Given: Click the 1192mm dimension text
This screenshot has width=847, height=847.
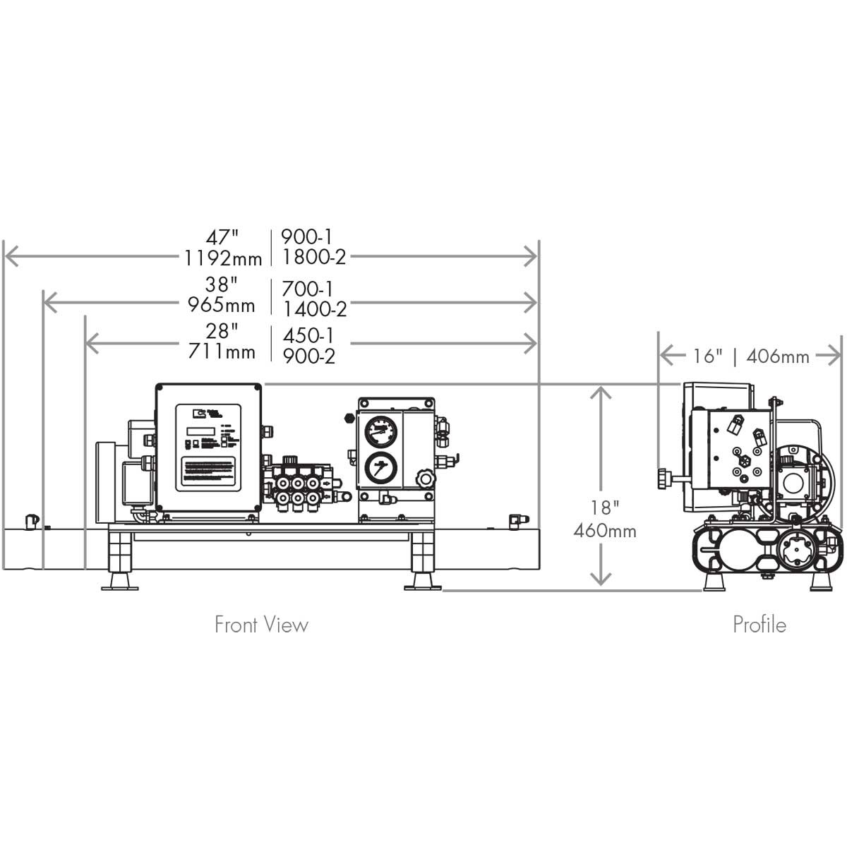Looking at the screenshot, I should (223, 258).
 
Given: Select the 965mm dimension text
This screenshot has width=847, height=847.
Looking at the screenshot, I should (221, 305).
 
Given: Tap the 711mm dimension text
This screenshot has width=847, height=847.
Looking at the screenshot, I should (222, 351).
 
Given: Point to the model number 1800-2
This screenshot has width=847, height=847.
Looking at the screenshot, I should (314, 257).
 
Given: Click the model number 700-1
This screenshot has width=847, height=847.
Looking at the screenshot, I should (307, 289).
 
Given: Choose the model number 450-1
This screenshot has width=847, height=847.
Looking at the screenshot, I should (308, 335).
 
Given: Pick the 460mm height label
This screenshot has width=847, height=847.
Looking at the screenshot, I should (605, 530).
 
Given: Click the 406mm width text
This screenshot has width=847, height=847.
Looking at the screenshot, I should (777, 356).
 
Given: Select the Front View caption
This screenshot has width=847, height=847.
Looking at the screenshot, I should (261, 625).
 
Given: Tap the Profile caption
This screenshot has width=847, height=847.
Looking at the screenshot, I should (759, 625).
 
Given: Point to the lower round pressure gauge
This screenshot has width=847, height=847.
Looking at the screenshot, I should (381, 467).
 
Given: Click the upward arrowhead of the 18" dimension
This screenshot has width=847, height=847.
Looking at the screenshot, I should (601, 392).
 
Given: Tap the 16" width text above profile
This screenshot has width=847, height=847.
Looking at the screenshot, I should (703, 356).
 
